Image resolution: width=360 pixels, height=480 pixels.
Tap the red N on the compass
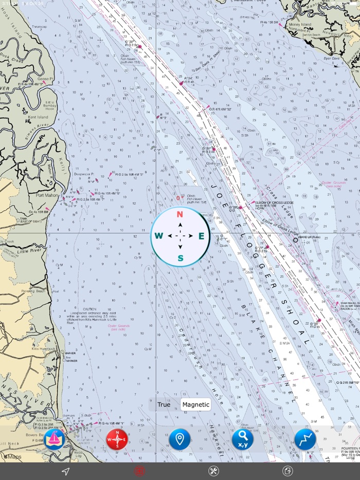tap(180, 214)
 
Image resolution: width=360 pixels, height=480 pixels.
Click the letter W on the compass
tap(159, 236)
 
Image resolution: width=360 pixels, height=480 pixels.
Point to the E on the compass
tap(202, 236)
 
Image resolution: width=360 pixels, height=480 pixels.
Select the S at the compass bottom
tap(180, 258)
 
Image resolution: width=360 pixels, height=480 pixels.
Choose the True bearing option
tap(164, 404)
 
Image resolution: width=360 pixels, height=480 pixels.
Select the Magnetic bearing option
tap(196, 404)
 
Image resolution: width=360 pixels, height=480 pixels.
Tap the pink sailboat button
tap(54, 440)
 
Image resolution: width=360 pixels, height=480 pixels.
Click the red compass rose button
tap(117, 440)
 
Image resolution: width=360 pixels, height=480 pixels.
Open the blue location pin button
tap(179, 440)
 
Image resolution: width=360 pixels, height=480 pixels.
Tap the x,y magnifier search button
tap(242, 440)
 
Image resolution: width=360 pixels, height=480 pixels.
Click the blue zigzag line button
tap(305, 440)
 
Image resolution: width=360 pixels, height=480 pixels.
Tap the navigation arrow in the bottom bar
tap(65, 471)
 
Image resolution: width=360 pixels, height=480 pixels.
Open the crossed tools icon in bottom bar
tap(213, 471)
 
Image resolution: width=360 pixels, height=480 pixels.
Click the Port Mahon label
tap(47, 195)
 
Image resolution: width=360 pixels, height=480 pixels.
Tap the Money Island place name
tap(300, 25)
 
